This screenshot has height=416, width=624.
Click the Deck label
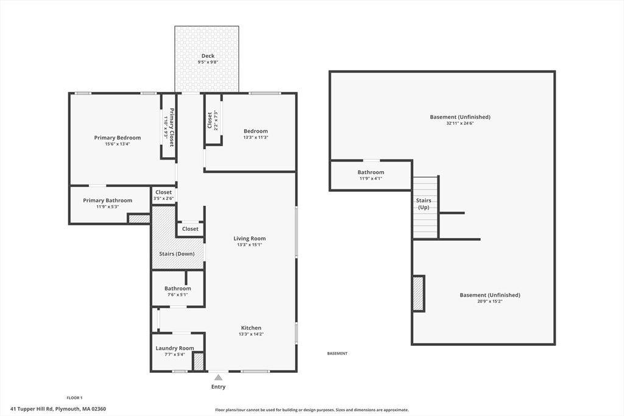pos(208,56)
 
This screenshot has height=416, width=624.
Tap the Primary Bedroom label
pos(118,138)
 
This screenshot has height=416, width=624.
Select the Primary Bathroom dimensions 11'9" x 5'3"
pos(107,207)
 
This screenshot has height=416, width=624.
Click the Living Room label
pos(249,239)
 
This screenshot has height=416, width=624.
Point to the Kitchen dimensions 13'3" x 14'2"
pos(251,334)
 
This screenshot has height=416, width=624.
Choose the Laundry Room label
pos(175,348)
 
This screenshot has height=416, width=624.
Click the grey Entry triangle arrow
pos(218,378)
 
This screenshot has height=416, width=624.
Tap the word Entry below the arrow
pos(218,387)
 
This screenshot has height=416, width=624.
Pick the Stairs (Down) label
pos(177,254)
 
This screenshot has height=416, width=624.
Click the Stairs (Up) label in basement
pos(424,203)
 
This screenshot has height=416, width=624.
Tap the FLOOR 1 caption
pos(74,398)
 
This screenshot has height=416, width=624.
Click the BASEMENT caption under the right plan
pos(337,353)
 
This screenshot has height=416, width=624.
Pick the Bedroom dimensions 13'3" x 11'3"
pos(255,138)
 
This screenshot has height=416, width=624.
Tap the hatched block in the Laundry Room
pos(198,362)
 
